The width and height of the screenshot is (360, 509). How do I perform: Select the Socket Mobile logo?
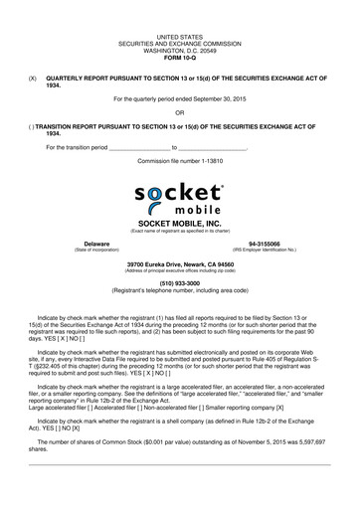click(x=179, y=200)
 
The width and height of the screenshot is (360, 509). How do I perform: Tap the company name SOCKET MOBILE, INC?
click(x=179, y=224)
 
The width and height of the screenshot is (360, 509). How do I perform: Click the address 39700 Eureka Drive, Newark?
click(x=179, y=264)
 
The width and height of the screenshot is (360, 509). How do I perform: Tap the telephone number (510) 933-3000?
click(x=179, y=282)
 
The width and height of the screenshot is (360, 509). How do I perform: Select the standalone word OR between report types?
click(x=179, y=112)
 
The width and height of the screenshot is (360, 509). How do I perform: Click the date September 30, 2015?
click(x=219, y=98)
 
